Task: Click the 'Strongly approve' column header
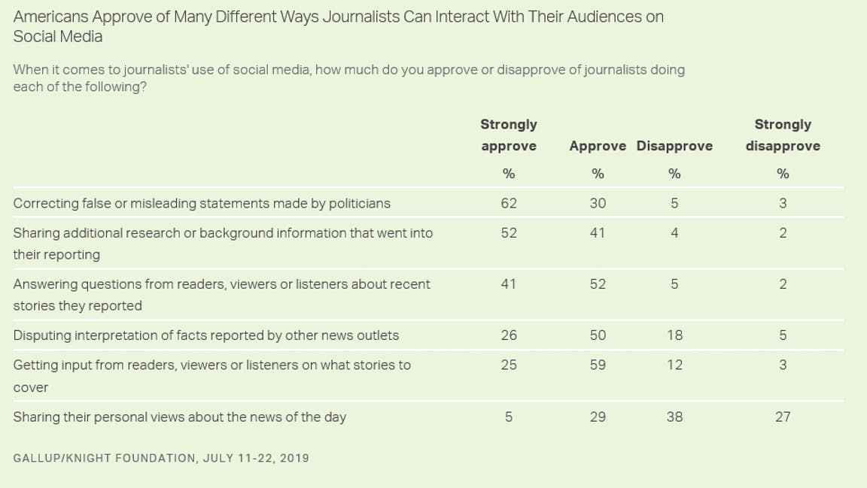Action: (x=509, y=135)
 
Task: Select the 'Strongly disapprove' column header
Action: (x=783, y=135)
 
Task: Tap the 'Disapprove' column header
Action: (x=674, y=146)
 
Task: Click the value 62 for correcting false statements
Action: (x=509, y=203)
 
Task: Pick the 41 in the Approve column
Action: (x=597, y=232)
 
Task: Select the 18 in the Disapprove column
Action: (x=674, y=335)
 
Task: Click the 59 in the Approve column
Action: (x=597, y=365)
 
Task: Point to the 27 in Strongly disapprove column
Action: (x=783, y=417)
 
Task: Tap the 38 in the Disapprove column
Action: (x=674, y=417)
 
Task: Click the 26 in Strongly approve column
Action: (x=509, y=335)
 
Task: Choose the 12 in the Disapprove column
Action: (x=674, y=365)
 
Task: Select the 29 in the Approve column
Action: (x=597, y=417)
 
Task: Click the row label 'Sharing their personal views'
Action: (x=180, y=417)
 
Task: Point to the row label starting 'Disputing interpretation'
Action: (x=205, y=335)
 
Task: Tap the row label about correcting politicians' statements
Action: (x=202, y=203)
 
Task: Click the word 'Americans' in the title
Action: (x=51, y=17)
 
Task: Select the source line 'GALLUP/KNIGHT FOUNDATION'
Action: (x=104, y=458)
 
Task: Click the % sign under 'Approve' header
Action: (x=598, y=174)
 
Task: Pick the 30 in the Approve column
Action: (x=597, y=203)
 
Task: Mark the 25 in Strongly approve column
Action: (x=509, y=365)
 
